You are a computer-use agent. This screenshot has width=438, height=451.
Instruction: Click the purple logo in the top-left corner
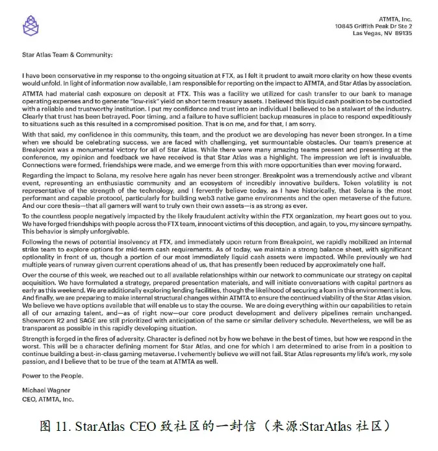pyautogui.click(x=29, y=25)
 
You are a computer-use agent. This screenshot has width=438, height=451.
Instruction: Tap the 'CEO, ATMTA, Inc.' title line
pyautogui.click(x=48, y=400)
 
